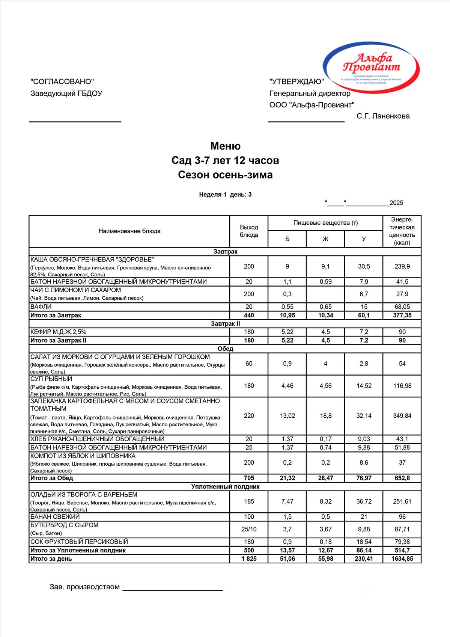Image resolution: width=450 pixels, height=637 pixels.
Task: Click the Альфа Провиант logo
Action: pos(372,68)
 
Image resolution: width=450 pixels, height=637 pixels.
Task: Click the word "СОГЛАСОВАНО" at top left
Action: pos(62,82)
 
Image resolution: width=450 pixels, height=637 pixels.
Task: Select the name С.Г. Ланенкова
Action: pos(383,116)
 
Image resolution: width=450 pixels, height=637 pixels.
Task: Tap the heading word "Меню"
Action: pos(225,146)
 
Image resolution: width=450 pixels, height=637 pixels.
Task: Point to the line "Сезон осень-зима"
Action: pos(225,175)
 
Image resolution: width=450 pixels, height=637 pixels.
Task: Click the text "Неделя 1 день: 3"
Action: pos(225,195)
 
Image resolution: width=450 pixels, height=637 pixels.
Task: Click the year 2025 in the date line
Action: pos(396,203)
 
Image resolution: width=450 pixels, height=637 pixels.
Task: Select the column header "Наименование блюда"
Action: pos(129,231)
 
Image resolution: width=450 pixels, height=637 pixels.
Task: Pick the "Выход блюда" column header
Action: pos(249,231)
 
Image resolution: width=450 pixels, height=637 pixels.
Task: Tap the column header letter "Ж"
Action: pos(325,239)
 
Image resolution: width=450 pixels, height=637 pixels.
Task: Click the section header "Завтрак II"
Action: pos(225,324)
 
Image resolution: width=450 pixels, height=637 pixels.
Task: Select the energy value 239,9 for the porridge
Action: pos(402,266)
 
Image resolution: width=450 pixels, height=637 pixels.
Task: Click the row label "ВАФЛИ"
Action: pos(41,307)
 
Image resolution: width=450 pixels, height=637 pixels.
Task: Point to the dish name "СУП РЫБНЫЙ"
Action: pos(51,379)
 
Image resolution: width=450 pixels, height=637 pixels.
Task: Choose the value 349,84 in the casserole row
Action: pos(402,416)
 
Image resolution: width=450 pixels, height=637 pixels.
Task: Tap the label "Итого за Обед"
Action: pos(52,478)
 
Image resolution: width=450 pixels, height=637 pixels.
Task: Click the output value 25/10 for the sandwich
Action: pos(249,529)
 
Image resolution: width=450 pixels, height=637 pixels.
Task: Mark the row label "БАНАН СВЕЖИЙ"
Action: pos(55,517)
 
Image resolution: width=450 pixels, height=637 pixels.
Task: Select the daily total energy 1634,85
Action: pos(402,559)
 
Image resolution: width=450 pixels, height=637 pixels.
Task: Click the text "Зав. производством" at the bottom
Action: pos(85,587)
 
